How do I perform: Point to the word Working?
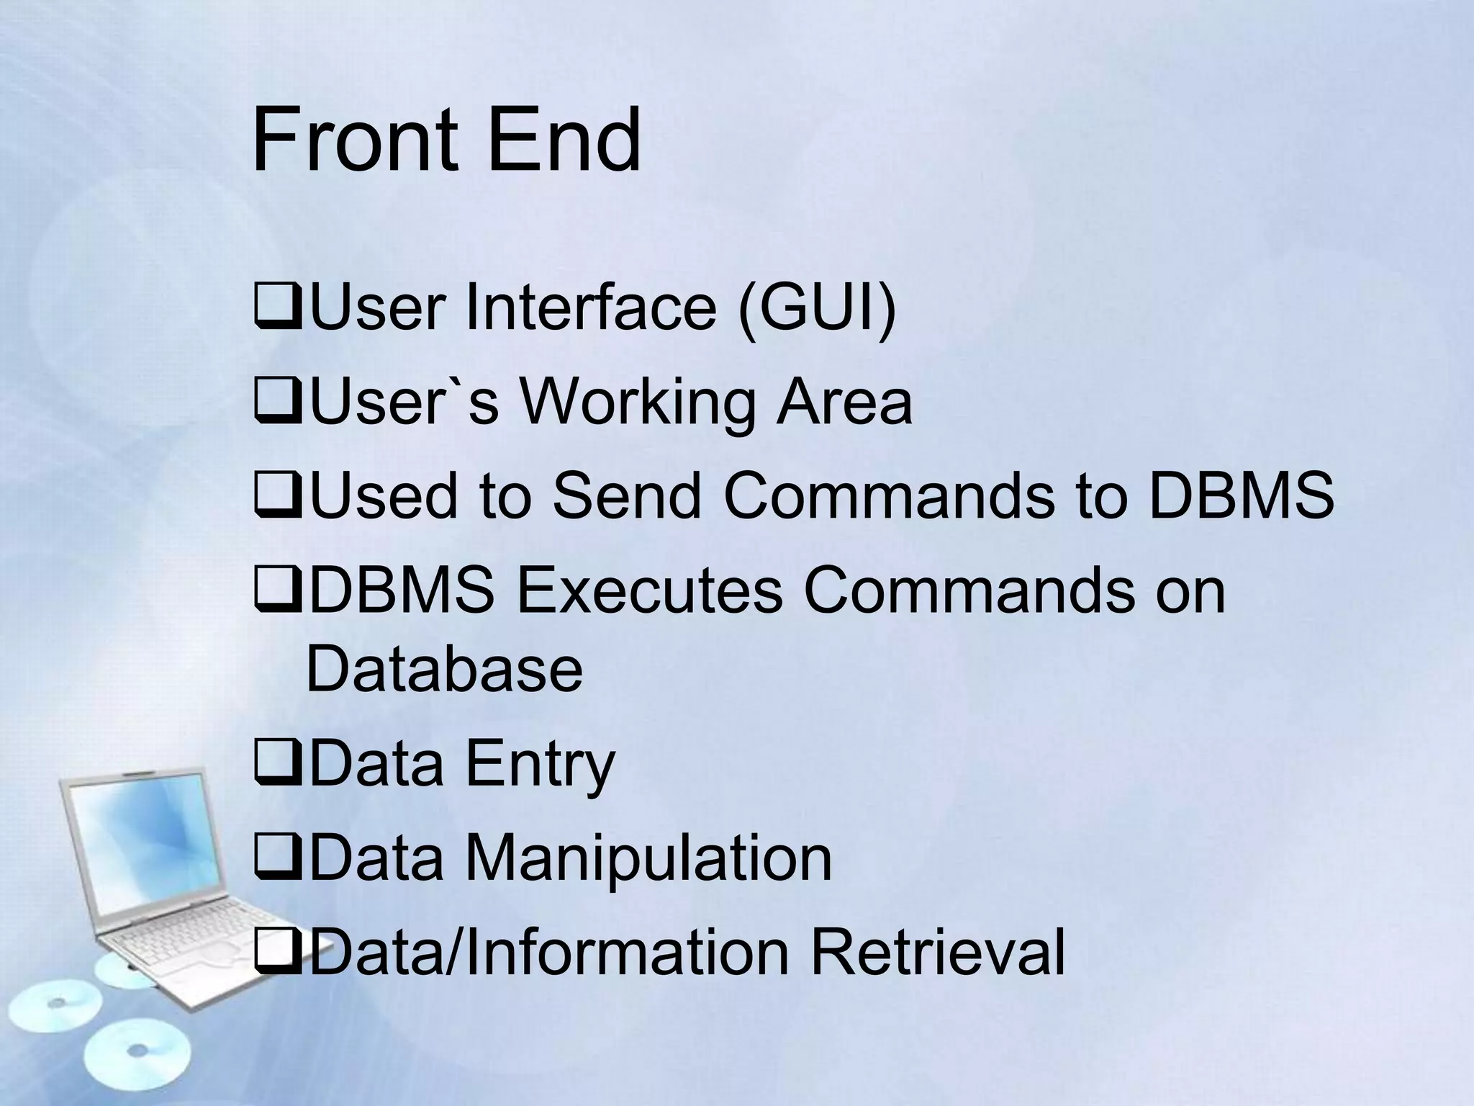coord(637,403)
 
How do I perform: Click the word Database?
coord(444,669)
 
